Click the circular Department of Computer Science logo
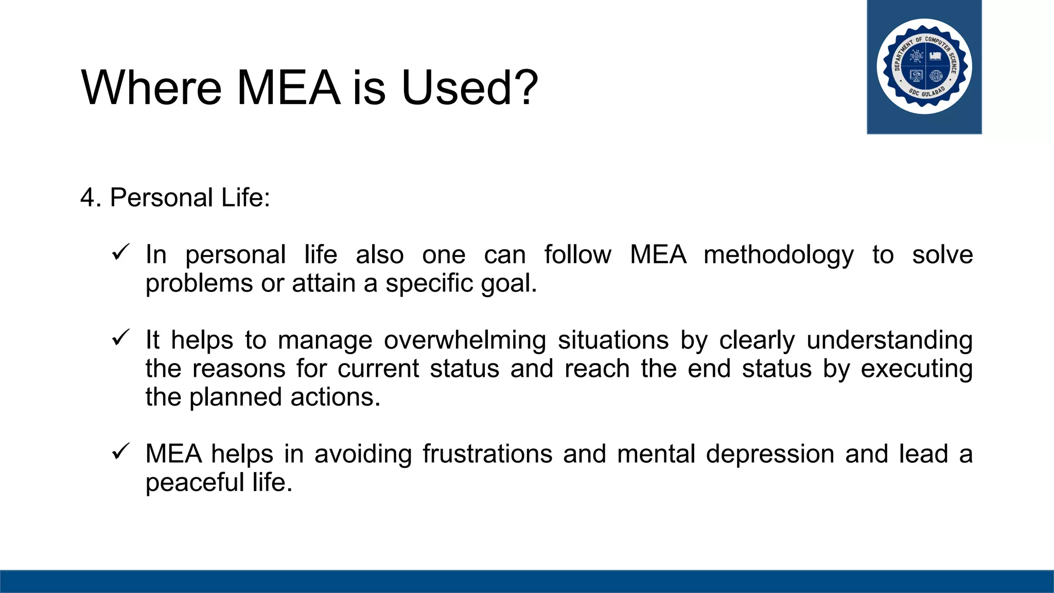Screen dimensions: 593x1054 click(924, 66)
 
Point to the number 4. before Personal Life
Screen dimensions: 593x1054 click(91, 198)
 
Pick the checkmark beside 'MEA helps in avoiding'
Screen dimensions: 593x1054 click(120, 452)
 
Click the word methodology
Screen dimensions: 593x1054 click(779, 255)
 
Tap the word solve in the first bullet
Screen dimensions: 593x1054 click(942, 255)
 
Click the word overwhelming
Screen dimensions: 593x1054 click(465, 341)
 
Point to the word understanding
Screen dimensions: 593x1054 click(889, 341)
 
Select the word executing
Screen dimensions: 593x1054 click(917, 369)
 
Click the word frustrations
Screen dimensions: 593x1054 click(487, 455)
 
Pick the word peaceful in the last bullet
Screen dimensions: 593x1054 click(195, 483)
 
